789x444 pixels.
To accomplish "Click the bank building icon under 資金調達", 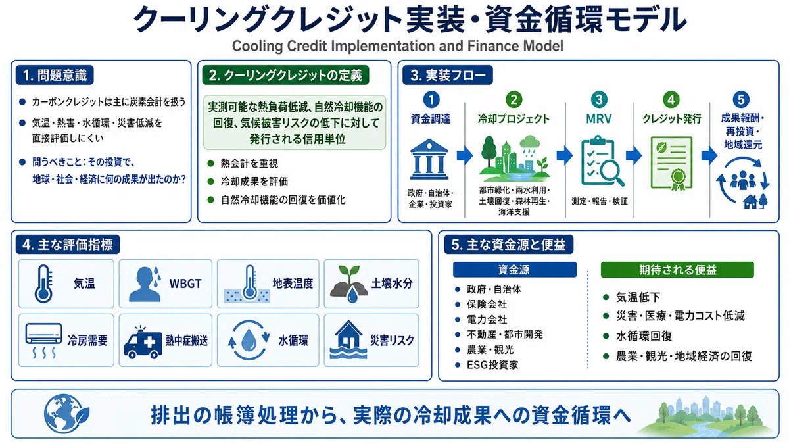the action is click(429, 159).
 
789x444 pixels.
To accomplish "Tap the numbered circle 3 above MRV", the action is click(599, 100).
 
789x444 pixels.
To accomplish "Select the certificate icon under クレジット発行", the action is click(672, 164).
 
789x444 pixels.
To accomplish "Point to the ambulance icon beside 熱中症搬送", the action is click(143, 342).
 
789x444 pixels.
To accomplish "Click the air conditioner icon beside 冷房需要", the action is click(43, 340).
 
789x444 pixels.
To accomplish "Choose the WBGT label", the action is click(185, 284).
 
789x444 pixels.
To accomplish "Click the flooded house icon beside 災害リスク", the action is click(348, 339).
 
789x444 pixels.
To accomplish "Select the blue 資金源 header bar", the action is click(515, 270).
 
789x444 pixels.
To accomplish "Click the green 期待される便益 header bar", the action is click(677, 270).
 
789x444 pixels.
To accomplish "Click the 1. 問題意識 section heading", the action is click(55, 75).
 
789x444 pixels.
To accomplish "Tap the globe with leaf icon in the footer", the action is click(66, 414).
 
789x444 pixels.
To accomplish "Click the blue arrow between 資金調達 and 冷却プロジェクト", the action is click(465, 155).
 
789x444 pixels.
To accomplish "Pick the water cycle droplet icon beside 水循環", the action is click(249, 340).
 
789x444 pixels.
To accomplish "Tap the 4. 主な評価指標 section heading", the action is click(68, 245).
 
